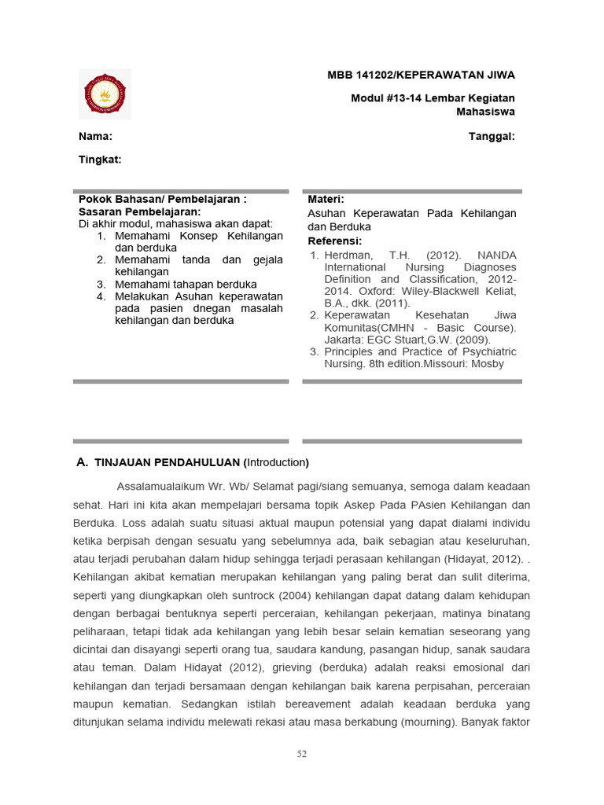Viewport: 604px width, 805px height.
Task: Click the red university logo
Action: pyautogui.click(x=105, y=94)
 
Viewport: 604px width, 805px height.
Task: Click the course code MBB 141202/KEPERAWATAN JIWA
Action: pyautogui.click(x=421, y=75)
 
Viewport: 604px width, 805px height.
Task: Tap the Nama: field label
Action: pyautogui.click(x=95, y=136)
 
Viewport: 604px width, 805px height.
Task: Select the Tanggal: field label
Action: pyautogui.click(x=492, y=136)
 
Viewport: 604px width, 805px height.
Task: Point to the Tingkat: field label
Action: pyautogui.click(x=100, y=160)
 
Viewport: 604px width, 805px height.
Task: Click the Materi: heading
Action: pyautogui.click(x=326, y=200)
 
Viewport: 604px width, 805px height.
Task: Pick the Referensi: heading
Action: pyautogui.click(x=335, y=241)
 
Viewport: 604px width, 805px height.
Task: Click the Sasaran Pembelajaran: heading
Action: pyautogui.click(x=140, y=211)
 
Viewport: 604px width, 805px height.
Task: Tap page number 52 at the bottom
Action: pyautogui.click(x=302, y=754)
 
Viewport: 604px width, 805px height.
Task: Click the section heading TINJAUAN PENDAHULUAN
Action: pyautogui.click(x=168, y=462)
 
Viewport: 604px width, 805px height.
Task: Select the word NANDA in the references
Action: pyautogui.click(x=497, y=255)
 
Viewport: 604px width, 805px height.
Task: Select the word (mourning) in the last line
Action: pyautogui.click(x=421, y=721)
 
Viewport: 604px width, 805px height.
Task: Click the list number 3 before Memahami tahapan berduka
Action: pyautogui.click(x=101, y=284)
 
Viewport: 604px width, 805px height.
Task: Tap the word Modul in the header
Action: pyautogui.click(x=367, y=98)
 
